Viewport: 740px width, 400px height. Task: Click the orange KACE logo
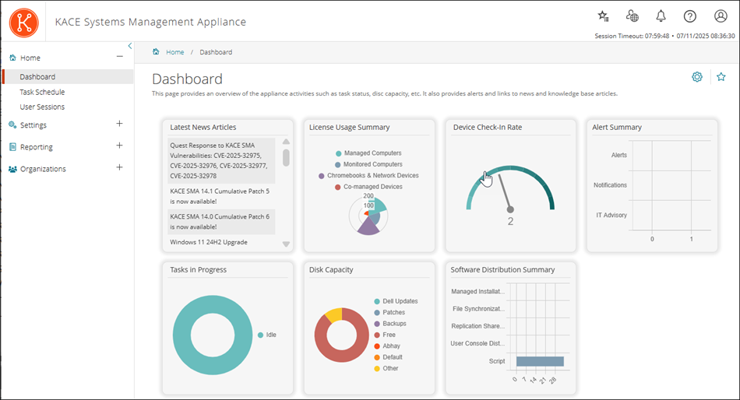tap(23, 22)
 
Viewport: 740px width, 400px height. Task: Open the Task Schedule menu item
tap(42, 92)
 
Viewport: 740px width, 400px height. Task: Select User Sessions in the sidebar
tap(42, 107)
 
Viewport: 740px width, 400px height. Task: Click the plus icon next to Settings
tap(119, 125)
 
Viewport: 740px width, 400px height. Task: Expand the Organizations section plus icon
tap(119, 168)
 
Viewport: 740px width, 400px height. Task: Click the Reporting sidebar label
tap(37, 147)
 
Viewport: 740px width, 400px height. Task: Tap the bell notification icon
tap(661, 16)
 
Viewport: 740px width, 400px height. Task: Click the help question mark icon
tap(689, 16)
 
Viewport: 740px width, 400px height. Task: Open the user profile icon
tap(721, 16)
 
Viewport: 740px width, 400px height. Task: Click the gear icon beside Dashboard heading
tap(697, 76)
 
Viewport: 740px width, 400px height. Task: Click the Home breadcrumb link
tap(174, 52)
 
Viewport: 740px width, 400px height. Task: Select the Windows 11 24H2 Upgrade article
tap(209, 242)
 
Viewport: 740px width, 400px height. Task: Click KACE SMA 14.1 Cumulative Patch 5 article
tap(220, 195)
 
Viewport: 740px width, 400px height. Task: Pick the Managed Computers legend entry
tap(372, 153)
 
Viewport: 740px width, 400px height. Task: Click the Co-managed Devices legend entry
tap(372, 187)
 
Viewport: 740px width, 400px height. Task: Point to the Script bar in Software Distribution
tap(540, 361)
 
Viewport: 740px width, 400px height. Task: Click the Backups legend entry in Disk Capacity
tap(394, 324)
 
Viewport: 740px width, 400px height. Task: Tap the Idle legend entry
tap(271, 335)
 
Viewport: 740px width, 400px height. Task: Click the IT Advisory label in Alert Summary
tap(611, 215)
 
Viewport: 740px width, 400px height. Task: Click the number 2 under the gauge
tap(510, 221)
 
